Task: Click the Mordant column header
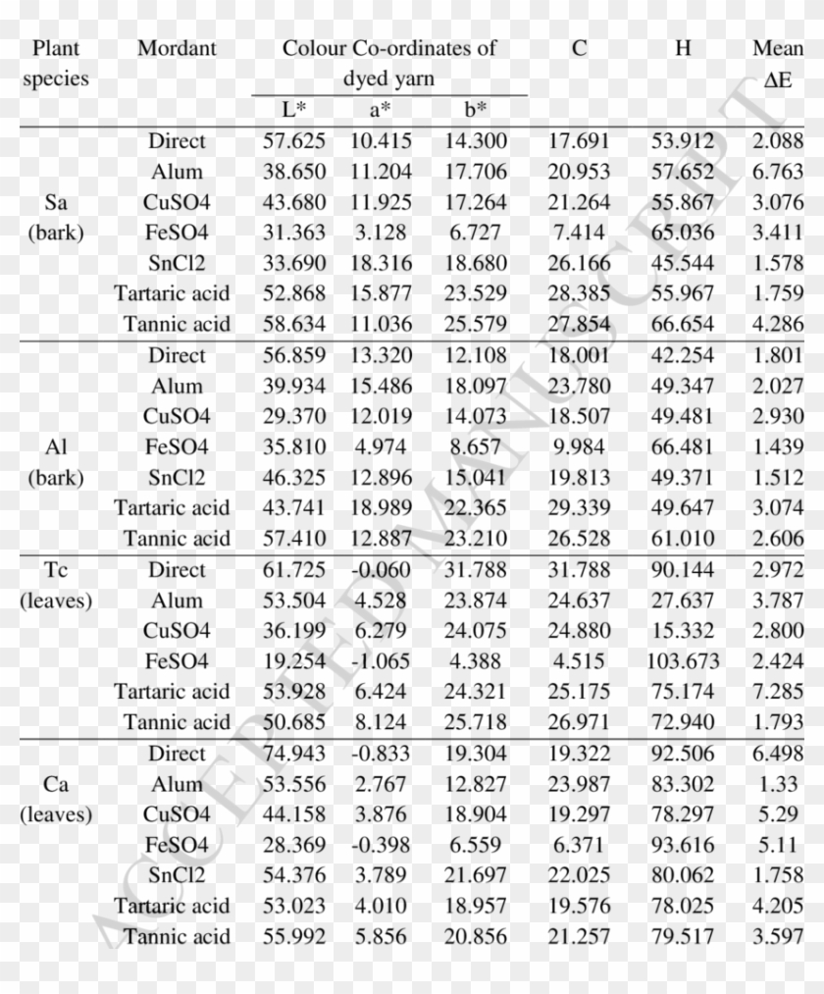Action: pos(177,48)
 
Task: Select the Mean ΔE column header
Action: pos(778,63)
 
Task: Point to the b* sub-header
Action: pos(475,109)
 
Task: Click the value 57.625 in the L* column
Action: pos(294,141)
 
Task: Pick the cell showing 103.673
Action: pos(683,661)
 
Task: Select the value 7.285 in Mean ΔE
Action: pos(778,692)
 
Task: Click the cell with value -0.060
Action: pos(381,569)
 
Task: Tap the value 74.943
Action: pos(294,754)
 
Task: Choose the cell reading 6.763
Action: pos(778,172)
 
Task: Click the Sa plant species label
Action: pos(56,203)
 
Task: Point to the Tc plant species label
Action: pos(56,569)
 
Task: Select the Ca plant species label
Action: pos(56,784)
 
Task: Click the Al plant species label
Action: pos(56,447)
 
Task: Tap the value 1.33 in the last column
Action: pos(784,784)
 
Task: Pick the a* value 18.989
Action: pos(381,508)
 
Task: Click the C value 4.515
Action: pos(579,661)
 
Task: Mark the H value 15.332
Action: pos(683,630)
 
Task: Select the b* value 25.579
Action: pos(476,325)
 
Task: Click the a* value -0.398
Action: pos(381,845)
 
